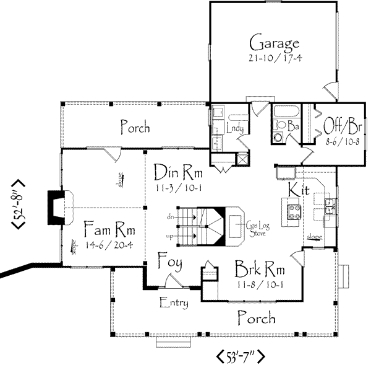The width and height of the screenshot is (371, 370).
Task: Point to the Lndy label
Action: [235, 128]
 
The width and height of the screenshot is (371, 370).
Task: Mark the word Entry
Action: [174, 303]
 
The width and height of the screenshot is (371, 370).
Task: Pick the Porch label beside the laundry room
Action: [134, 128]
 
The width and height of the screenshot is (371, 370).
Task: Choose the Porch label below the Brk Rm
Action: [257, 319]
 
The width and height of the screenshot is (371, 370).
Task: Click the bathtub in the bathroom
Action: [286, 112]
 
